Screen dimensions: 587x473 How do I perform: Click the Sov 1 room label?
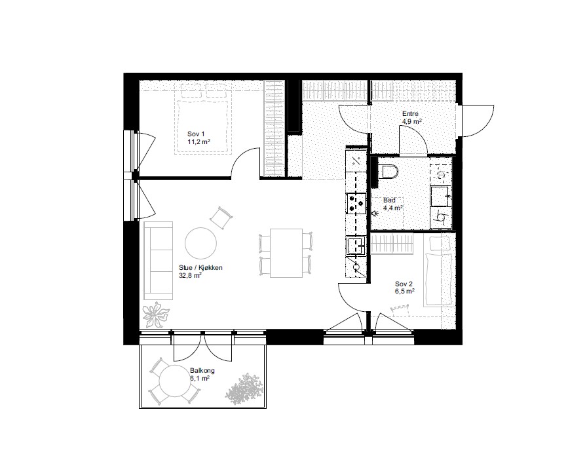(196, 134)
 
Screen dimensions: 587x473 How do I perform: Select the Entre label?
(410, 114)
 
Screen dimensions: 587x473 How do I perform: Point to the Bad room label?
(389, 200)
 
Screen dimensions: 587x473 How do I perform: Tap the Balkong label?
(202, 370)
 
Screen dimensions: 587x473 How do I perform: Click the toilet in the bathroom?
(388, 172)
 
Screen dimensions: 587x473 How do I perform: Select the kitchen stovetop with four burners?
(356, 203)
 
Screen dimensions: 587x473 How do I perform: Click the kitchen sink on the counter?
(356, 246)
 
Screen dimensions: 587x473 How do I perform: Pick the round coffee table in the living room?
(200, 243)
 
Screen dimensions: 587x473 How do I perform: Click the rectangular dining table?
(286, 253)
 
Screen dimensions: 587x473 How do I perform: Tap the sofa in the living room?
(159, 261)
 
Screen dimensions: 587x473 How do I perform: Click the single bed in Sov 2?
(439, 272)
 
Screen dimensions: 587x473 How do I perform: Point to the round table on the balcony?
(174, 381)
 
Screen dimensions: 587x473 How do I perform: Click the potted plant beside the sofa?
(155, 314)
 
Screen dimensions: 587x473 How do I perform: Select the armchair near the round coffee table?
(221, 218)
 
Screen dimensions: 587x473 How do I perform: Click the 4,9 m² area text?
(412, 122)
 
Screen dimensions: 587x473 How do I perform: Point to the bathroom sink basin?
(441, 196)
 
